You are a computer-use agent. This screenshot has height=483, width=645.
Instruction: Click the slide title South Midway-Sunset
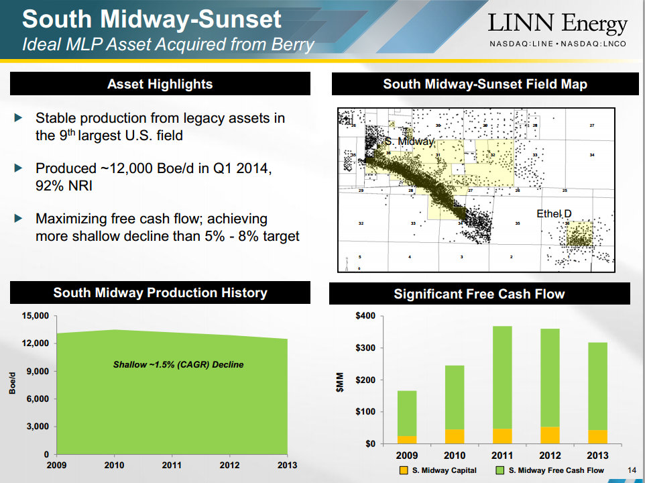152,19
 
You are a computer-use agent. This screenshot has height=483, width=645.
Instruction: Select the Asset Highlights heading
160,85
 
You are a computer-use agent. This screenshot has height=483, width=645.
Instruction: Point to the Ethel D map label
554,214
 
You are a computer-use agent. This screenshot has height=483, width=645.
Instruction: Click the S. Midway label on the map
409,142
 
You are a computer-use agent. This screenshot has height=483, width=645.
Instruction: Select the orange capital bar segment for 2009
407,440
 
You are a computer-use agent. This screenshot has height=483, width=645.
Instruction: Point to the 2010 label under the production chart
113,465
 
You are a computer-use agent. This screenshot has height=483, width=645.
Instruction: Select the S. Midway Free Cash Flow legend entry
549,470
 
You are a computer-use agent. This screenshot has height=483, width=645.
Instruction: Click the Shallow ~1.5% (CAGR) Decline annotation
178,365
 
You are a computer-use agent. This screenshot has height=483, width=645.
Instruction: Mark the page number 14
630,469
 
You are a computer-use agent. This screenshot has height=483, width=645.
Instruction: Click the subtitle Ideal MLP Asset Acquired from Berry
168,45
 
